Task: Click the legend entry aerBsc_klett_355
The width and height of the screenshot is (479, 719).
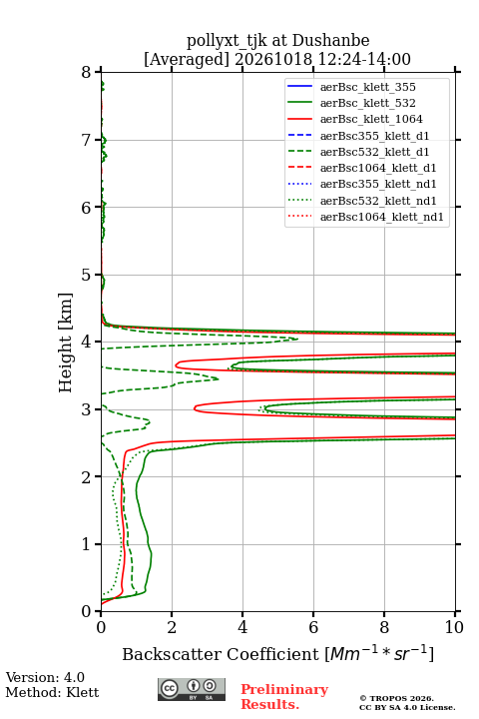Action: pyautogui.click(x=367, y=87)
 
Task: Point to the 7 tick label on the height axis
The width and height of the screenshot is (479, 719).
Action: pyautogui.click(x=86, y=140)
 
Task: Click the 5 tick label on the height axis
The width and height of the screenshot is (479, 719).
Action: pyautogui.click(x=86, y=275)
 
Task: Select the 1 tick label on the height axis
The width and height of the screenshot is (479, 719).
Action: pyautogui.click(x=86, y=544)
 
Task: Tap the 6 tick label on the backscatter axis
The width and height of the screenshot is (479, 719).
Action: pyautogui.click(x=313, y=627)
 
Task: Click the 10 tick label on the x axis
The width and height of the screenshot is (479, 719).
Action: pyautogui.click(x=454, y=627)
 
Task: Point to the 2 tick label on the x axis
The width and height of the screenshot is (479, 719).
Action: pyautogui.click(x=172, y=627)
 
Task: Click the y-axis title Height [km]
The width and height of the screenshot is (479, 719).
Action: pyautogui.click(x=65, y=343)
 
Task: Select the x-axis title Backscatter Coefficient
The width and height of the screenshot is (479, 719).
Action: pyautogui.click(x=221, y=654)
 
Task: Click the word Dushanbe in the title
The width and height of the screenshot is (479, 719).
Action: pyautogui.click(x=330, y=40)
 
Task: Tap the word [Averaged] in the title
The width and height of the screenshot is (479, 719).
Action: pyautogui.click(x=186, y=59)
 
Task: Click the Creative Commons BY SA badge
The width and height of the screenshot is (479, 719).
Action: pyautogui.click(x=192, y=690)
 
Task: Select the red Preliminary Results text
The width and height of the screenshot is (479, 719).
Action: pyautogui.click(x=284, y=696)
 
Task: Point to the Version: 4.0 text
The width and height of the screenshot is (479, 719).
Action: pyautogui.click(x=45, y=677)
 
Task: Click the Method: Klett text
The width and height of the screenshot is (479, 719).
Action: pyautogui.click(x=52, y=692)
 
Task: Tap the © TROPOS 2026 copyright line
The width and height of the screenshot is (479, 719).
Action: pyautogui.click(x=396, y=698)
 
